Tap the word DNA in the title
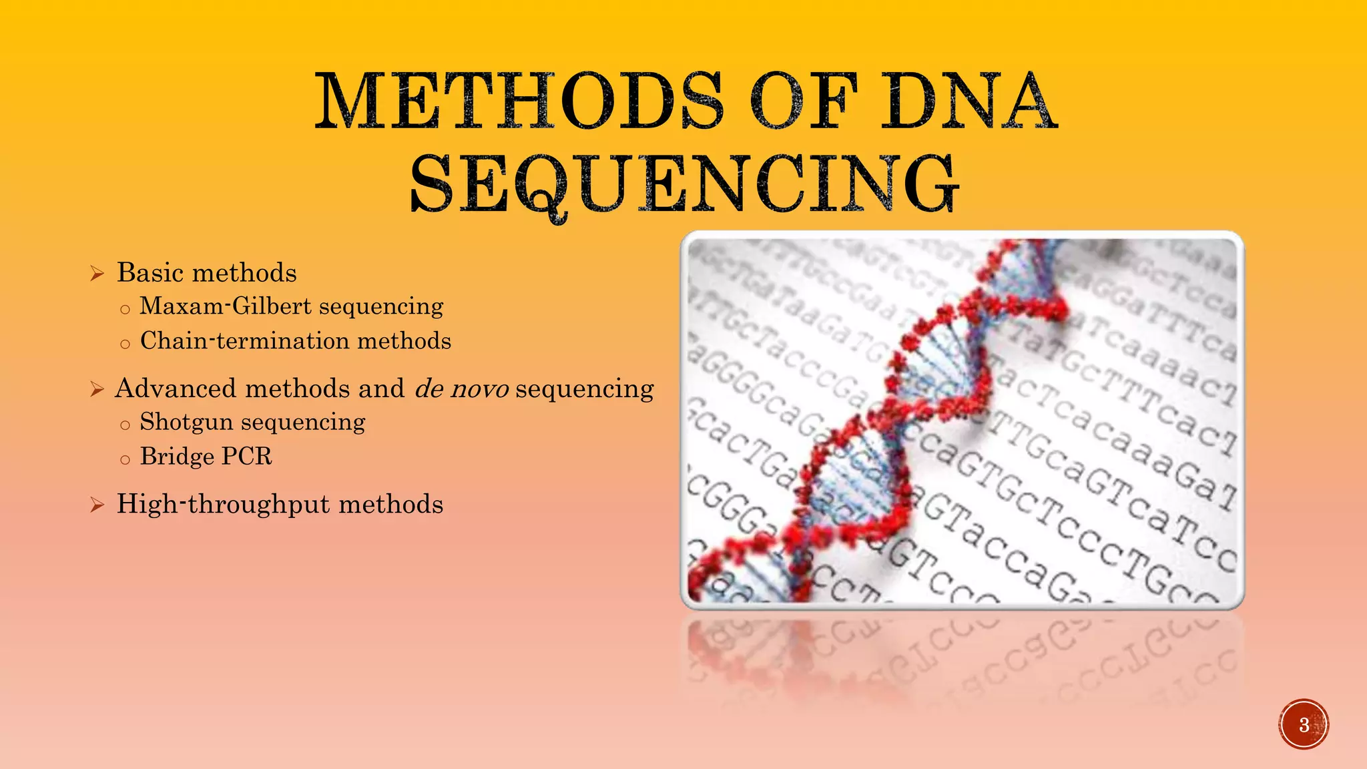pos(969,101)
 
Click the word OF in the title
pos(804,101)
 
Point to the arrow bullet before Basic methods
pos(97,274)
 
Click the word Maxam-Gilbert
pos(226,306)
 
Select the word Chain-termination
pos(244,341)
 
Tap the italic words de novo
pos(462,389)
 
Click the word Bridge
pos(176,457)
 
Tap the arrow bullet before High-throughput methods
pos(97,505)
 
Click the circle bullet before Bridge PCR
pos(125,460)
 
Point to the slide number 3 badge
pos(1304,724)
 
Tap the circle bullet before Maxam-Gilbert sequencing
pos(125,310)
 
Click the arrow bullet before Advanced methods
pos(97,389)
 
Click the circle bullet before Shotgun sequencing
pos(125,425)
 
